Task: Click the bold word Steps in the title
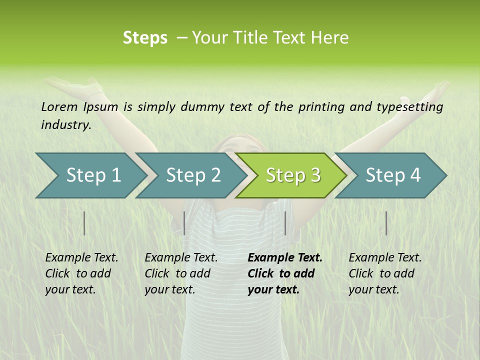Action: pyautogui.click(x=145, y=38)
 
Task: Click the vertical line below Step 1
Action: pyautogui.click(x=84, y=223)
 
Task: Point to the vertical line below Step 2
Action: pyautogui.click(x=184, y=223)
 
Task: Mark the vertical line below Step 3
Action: pyautogui.click(x=285, y=223)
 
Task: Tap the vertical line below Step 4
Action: pyautogui.click(x=386, y=223)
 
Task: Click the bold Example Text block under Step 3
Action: pyautogui.click(x=285, y=273)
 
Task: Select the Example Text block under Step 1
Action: pyautogui.click(x=82, y=273)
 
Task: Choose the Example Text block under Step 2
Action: pyautogui.click(x=181, y=273)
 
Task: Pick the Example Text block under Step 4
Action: pyautogui.click(x=385, y=273)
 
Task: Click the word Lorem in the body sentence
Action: pyautogui.click(x=59, y=106)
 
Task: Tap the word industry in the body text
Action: pyautogui.click(x=65, y=125)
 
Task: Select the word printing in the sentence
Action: pyautogui.click(x=317, y=107)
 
